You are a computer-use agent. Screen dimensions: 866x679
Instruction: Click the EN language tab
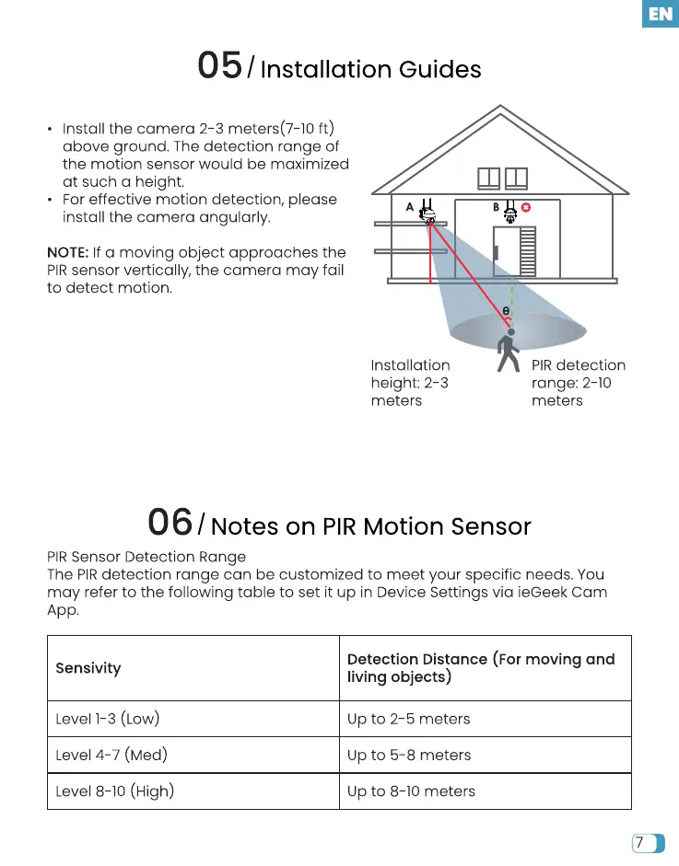[x=660, y=14]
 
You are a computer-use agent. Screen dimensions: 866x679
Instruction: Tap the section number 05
[x=220, y=66]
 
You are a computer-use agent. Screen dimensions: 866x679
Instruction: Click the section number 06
[x=170, y=523]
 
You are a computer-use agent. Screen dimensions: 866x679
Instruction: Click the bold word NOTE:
[x=67, y=252]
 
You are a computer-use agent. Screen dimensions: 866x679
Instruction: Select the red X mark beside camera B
[x=527, y=207]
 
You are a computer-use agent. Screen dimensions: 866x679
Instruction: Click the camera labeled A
[x=427, y=212]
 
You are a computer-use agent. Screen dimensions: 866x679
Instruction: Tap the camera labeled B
[x=510, y=211]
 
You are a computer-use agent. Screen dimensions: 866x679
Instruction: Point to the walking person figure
[x=508, y=352]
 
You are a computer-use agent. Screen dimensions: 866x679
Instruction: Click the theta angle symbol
[x=506, y=312]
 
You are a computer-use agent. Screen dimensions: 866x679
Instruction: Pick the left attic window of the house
[x=488, y=178]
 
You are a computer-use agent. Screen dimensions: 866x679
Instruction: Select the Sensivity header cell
[x=88, y=668]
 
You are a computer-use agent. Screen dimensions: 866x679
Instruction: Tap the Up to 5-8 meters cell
[x=409, y=755]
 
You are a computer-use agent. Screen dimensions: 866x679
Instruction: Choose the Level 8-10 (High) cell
[x=115, y=791]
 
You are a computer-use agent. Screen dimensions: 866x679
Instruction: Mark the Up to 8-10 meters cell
[x=411, y=791]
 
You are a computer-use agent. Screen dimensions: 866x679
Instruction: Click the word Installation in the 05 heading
[x=326, y=70]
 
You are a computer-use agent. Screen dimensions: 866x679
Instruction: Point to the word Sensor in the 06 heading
[x=490, y=526]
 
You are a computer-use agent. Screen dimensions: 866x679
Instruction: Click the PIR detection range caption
[x=578, y=383]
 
